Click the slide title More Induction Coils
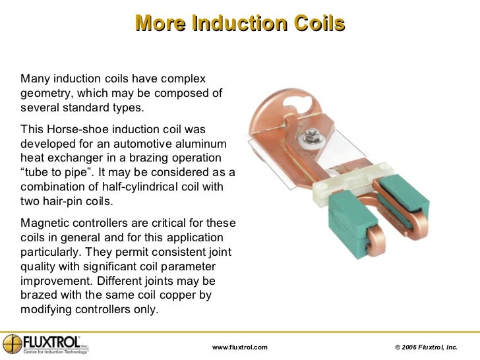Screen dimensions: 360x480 click(x=240, y=24)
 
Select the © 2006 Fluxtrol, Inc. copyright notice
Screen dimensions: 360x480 click(x=425, y=347)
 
